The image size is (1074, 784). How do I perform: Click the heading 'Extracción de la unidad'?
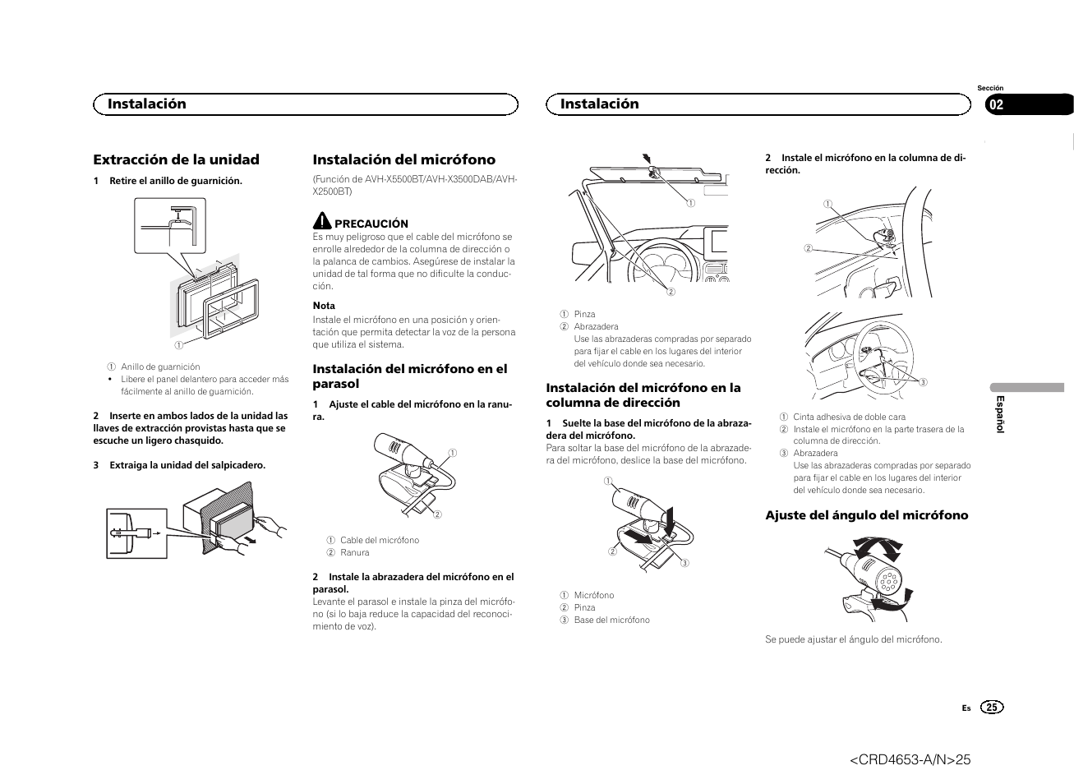(x=176, y=159)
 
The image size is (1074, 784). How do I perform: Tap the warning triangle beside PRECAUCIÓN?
(x=321, y=221)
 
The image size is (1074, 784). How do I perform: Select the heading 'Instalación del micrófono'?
(x=403, y=159)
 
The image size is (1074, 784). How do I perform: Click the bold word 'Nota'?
(x=324, y=306)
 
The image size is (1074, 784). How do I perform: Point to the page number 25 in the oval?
(x=993, y=708)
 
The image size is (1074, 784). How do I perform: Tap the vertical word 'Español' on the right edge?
(x=1000, y=414)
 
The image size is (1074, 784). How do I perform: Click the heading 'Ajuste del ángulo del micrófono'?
(x=867, y=515)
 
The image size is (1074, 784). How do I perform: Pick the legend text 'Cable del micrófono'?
(x=379, y=540)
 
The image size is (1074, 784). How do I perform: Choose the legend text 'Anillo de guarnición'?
(x=160, y=367)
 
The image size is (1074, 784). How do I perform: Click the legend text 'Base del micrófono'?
(x=611, y=620)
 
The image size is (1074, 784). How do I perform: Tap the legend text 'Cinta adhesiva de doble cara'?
(x=849, y=417)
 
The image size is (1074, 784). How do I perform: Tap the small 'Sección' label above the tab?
(x=990, y=88)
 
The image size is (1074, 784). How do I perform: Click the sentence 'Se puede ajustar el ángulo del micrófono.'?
(x=853, y=639)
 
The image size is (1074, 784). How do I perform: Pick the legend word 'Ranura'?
(x=354, y=552)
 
